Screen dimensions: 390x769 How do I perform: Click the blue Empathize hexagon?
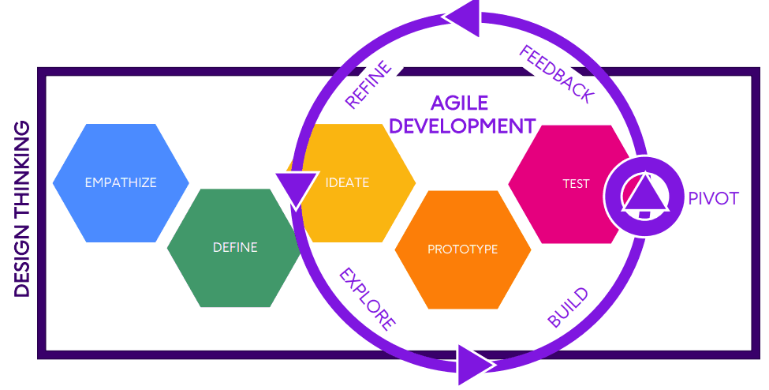pos(120,182)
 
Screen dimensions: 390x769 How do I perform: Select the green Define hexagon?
pos(234,248)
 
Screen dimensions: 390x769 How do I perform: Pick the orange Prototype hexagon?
pos(462,249)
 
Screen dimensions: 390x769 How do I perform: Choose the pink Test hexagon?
pos(568,183)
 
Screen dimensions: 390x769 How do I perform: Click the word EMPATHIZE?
pos(120,182)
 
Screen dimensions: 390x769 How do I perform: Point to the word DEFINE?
pos(235,247)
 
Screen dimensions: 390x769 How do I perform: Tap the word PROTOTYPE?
pos(462,249)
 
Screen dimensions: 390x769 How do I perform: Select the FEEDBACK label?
pos(557,74)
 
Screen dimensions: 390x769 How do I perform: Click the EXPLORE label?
pos(367,298)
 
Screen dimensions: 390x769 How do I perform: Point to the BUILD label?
pos(568,308)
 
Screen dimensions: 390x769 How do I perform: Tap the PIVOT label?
pos(713,198)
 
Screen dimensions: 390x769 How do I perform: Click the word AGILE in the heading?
pos(459,103)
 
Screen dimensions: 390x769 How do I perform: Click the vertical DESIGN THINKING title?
pos(22,208)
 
